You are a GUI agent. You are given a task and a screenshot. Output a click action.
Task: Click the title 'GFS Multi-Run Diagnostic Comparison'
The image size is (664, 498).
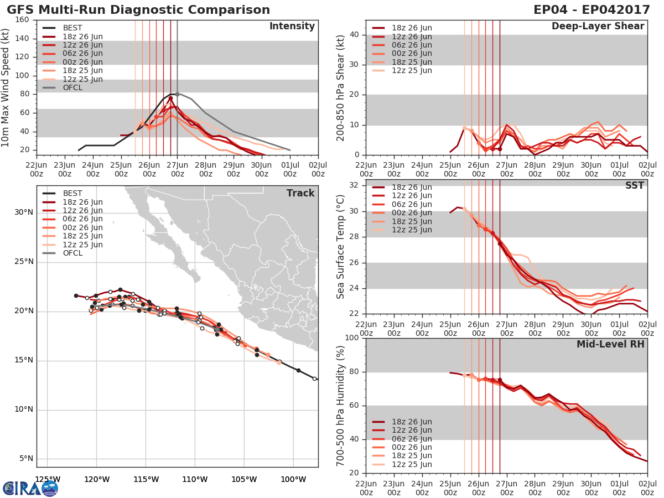138,10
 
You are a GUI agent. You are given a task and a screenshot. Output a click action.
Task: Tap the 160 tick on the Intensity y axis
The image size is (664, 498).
23,20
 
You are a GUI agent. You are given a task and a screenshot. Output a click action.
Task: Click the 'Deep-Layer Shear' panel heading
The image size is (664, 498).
598,27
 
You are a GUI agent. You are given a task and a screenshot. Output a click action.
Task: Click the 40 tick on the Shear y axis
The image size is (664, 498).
356,34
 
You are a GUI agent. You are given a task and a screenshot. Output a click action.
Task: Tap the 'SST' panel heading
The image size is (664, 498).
635,185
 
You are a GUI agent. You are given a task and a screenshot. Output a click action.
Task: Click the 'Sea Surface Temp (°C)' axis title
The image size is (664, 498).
341,246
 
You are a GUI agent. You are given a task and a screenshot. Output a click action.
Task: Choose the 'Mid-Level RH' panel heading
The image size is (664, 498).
610,344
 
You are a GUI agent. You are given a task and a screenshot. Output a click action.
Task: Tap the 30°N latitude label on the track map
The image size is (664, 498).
23,212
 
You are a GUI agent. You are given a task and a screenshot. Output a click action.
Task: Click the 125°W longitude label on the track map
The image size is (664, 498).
48,479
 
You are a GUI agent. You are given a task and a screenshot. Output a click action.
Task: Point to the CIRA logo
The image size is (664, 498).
30,488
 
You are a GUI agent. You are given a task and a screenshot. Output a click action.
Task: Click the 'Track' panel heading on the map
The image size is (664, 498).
300,193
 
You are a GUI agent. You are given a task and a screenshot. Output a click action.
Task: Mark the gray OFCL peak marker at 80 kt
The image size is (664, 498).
177,94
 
